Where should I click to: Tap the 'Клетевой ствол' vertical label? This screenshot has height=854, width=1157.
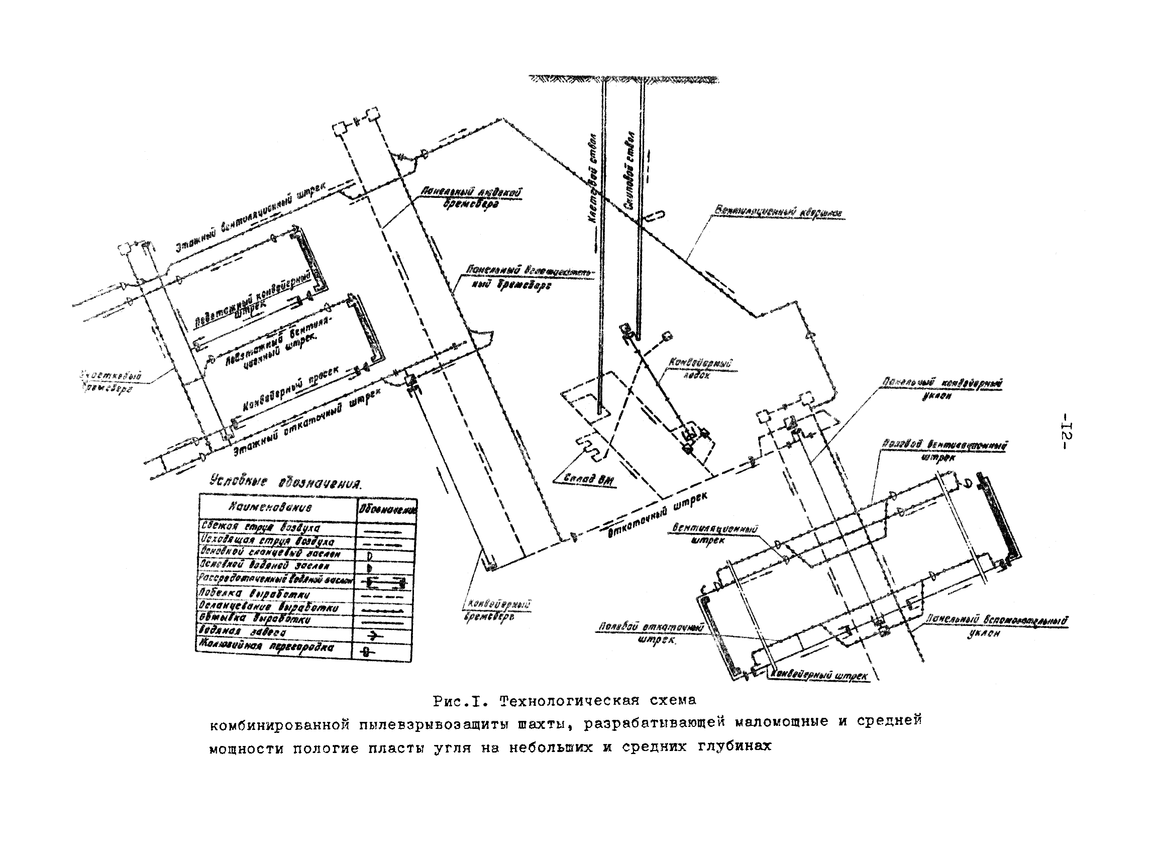point(592,178)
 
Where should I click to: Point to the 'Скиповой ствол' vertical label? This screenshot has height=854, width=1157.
point(629,171)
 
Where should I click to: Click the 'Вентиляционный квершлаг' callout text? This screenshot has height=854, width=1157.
point(779,212)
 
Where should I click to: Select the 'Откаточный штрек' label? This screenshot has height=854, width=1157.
point(656,514)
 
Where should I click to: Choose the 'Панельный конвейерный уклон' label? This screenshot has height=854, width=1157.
point(942,389)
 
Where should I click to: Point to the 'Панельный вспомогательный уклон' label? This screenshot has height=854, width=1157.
point(996,625)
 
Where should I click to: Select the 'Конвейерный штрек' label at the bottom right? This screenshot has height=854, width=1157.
point(819,675)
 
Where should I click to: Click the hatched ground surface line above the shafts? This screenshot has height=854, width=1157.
point(623,79)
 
